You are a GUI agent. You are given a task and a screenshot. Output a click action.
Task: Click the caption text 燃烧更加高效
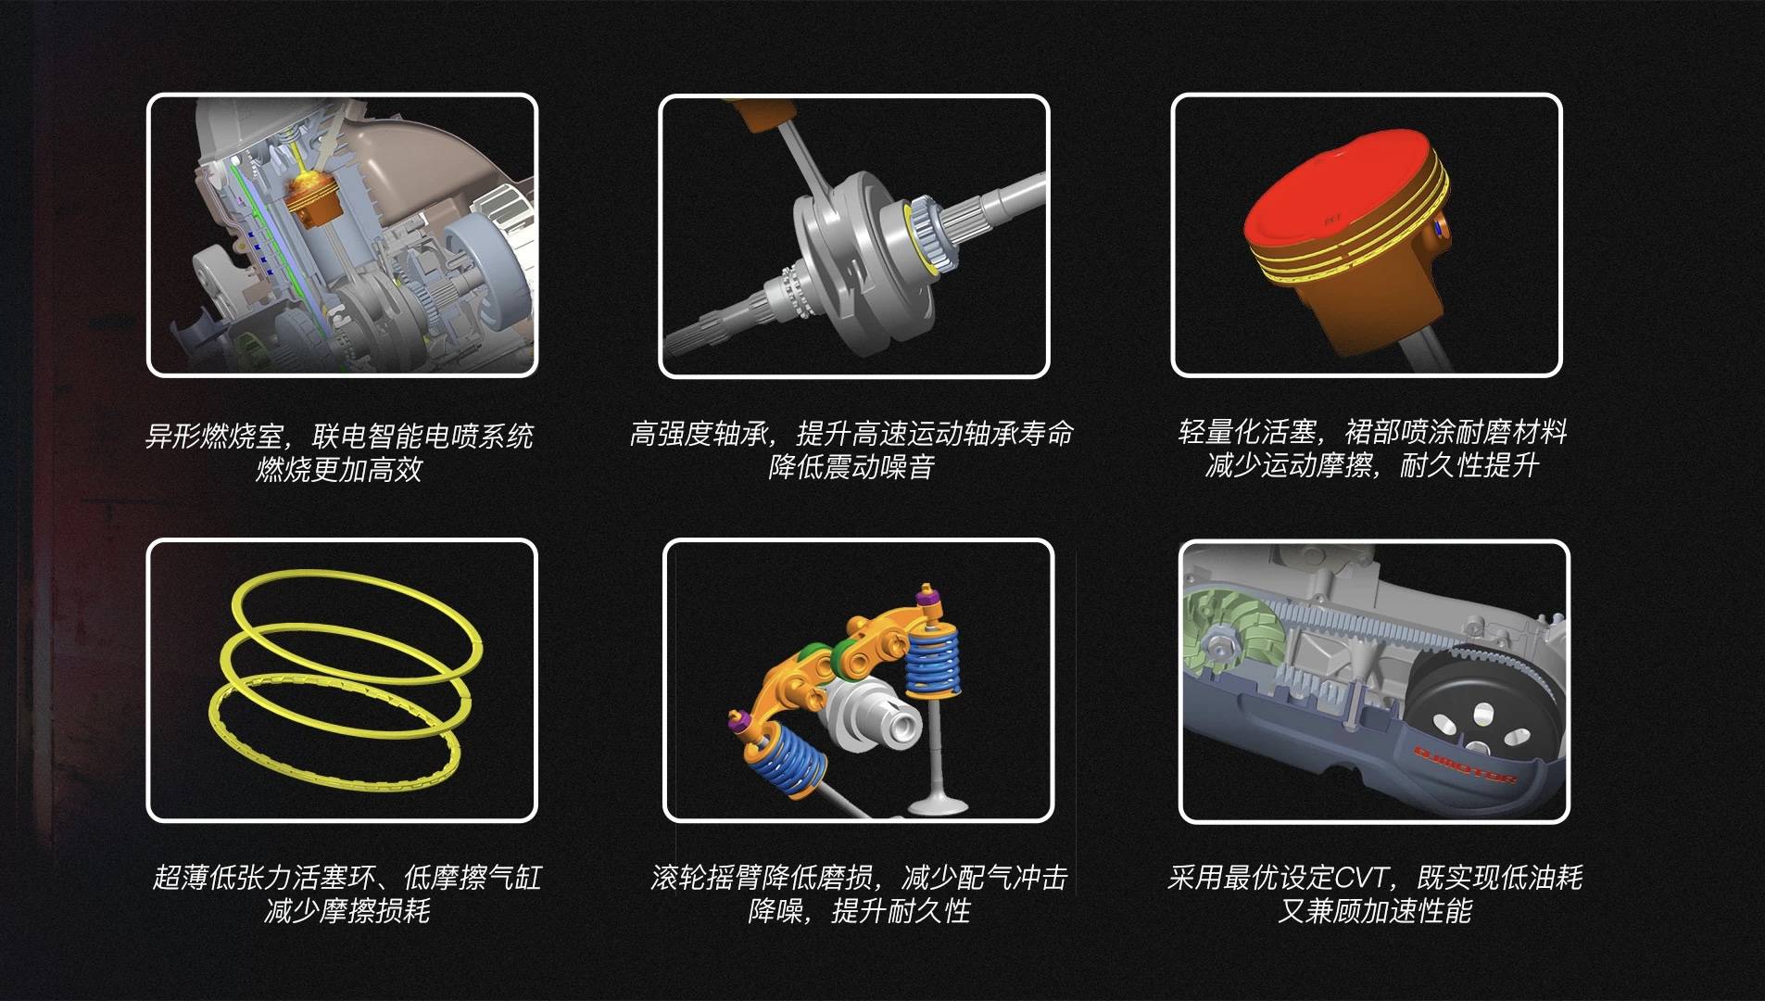point(339,469)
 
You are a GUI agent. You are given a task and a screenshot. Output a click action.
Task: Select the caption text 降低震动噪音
point(851,466)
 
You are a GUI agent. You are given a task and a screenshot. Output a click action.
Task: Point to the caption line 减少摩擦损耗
point(347,910)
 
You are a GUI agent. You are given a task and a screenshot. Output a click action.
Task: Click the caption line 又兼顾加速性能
point(1375,910)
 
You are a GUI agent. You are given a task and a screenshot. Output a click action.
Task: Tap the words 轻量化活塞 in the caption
point(1247,432)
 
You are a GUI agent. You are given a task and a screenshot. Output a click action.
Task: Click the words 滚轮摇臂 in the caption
point(706,877)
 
